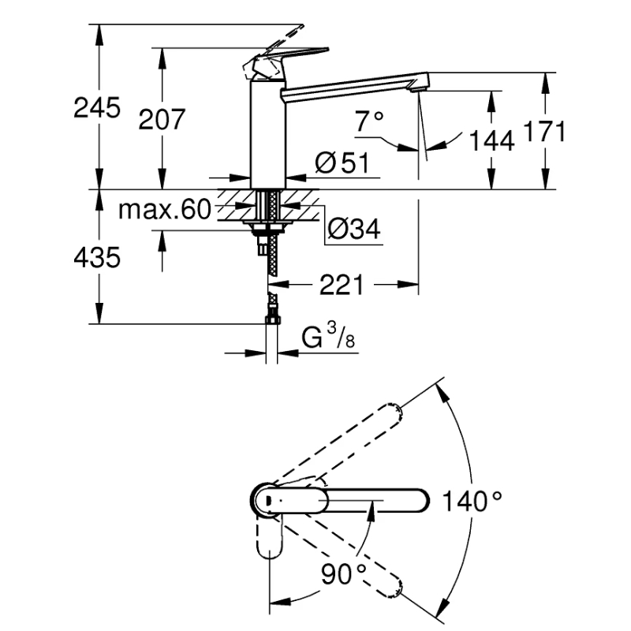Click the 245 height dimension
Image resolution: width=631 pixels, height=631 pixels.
(97, 108)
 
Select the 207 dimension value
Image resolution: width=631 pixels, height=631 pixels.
(162, 119)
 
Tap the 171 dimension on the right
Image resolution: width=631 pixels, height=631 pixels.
(544, 131)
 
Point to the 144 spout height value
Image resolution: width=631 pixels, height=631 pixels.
(491, 141)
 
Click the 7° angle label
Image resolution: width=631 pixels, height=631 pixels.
(369, 121)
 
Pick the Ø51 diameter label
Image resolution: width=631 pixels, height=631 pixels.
(342, 162)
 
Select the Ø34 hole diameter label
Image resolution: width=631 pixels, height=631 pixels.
(353, 229)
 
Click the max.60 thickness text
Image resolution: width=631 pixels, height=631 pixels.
(165, 209)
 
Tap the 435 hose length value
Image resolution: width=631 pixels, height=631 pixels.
(97, 257)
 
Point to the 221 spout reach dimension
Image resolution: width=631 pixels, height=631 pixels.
(342, 285)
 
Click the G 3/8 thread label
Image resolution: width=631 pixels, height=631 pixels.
(328, 337)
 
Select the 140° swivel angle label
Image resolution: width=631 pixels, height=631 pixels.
(472, 502)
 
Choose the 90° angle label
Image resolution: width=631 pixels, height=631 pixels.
(344, 573)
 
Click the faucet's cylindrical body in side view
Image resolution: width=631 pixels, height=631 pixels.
(268, 134)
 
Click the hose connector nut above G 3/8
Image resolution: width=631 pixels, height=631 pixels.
(272, 319)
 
